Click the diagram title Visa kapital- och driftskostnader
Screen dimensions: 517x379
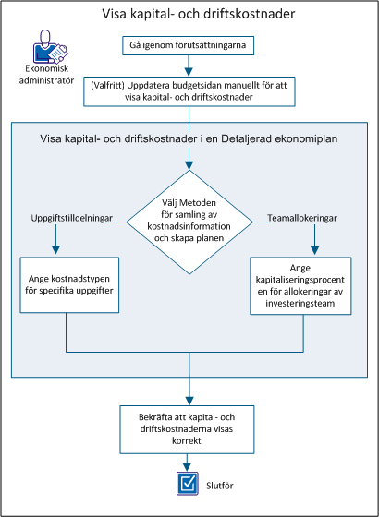[189, 16]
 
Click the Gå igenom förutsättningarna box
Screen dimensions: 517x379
[189, 44]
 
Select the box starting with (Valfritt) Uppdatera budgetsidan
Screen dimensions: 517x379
[189, 90]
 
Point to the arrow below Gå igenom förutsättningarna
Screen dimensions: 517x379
[189, 66]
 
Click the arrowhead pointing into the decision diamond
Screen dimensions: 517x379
[189, 166]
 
